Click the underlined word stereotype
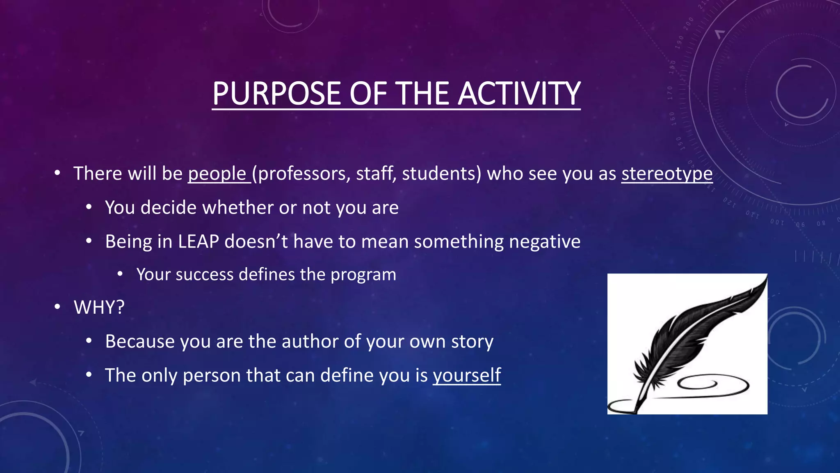(x=667, y=174)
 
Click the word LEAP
(x=198, y=241)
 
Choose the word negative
(x=545, y=241)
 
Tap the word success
(x=204, y=274)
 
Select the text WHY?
(x=99, y=308)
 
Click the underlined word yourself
(x=467, y=375)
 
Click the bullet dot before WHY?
(x=57, y=307)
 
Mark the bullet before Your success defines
(x=120, y=274)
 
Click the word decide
(x=169, y=208)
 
